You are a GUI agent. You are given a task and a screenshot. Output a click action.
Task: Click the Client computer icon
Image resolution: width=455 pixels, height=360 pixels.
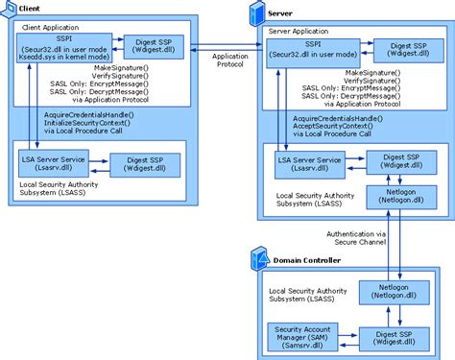click(9, 8)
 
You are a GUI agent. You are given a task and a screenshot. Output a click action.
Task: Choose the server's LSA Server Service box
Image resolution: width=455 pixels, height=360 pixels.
click(309, 165)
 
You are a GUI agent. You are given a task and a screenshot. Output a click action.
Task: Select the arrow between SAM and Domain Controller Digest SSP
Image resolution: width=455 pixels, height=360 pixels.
click(349, 337)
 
